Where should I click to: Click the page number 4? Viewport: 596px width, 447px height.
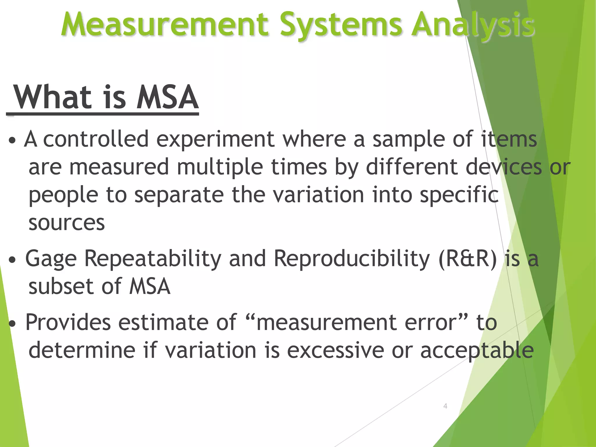(445, 406)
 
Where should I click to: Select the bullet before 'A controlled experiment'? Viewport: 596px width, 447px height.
(12, 141)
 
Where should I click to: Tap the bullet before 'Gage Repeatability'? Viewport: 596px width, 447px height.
(12, 260)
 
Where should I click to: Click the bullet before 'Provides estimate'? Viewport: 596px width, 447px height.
(12, 324)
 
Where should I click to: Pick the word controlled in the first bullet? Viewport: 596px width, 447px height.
(96, 139)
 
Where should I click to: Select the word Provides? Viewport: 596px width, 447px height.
(68, 322)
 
